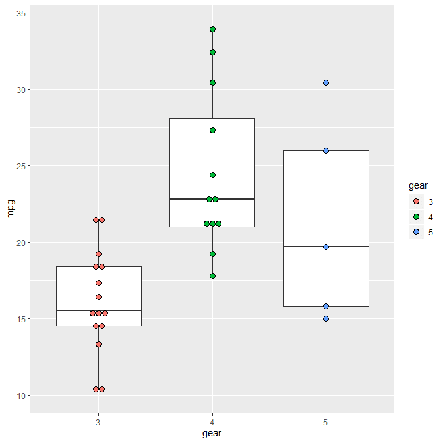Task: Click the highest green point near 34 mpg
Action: (x=212, y=30)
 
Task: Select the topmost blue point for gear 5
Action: (x=326, y=83)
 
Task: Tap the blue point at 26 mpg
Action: (x=326, y=150)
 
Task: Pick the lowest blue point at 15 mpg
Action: (x=326, y=318)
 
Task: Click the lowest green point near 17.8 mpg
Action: (x=212, y=276)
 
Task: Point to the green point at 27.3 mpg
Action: (x=212, y=131)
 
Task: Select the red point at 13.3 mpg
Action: (x=98, y=344)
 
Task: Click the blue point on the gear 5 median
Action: (x=326, y=247)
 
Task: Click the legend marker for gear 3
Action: (x=416, y=202)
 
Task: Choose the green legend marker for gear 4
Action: (x=416, y=217)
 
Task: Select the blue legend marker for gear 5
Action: (x=416, y=232)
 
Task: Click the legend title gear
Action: (x=418, y=187)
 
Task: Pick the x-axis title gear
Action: (x=212, y=434)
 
